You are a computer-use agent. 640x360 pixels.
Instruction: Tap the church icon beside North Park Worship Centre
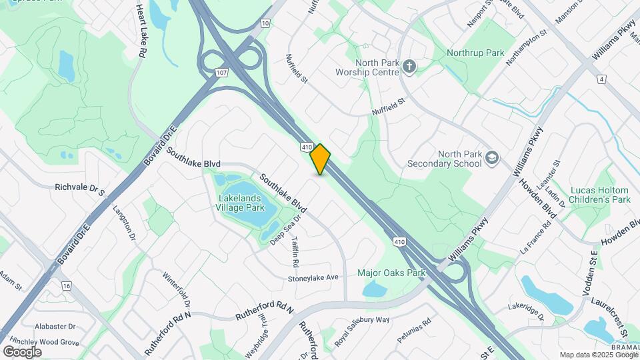click(409, 66)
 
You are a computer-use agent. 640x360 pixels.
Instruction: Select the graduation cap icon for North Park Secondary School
click(492, 158)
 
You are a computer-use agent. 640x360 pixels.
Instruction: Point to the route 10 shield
click(265, 24)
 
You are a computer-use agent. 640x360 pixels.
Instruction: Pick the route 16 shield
click(65, 285)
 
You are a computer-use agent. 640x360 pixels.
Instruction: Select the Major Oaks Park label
click(391, 273)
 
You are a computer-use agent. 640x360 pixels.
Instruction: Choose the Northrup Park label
click(475, 52)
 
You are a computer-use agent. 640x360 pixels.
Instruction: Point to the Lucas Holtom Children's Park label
click(600, 195)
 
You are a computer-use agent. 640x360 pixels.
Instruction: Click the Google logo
click(22, 351)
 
